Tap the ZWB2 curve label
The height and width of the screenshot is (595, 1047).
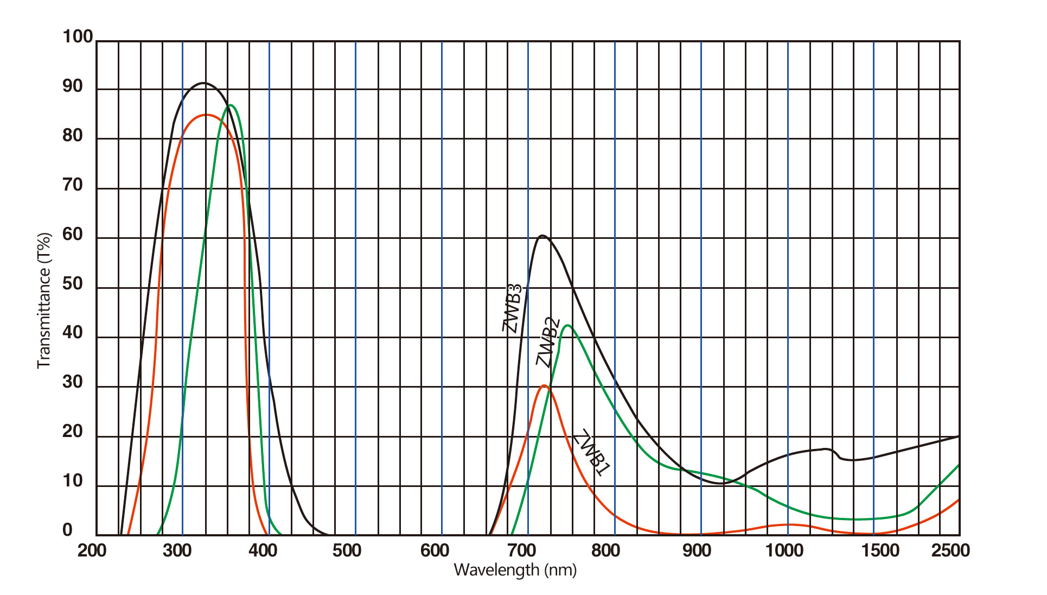click(x=548, y=342)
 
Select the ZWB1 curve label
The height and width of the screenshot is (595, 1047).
click(x=592, y=452)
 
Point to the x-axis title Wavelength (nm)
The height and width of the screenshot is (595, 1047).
click(x=515, y=569)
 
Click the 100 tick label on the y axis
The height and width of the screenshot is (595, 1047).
click(x=78, y=37)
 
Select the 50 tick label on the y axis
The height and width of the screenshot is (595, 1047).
click(x=73, y=284)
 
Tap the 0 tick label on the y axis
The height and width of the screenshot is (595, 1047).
click(x=67, y=530)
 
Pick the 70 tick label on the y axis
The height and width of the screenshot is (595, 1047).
click(x=73, y=185)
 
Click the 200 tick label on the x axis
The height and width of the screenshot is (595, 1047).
click(x=92, y=550)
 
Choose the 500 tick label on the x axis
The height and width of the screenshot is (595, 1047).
click(x=347, y=550)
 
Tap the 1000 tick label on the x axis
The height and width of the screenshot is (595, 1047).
click(x=784, y=550)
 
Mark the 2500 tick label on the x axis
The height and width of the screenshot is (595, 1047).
click(x=950, y=550)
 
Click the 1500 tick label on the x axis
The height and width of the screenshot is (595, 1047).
click(x=880, y=550)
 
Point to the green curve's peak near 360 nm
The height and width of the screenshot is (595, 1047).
click(x=231, y=105)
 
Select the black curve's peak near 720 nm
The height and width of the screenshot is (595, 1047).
click(x=541, y=236)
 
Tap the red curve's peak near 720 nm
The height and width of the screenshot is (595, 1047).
click(x=544, y=385)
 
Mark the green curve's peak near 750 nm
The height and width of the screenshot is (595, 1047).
click(x=567, y=325)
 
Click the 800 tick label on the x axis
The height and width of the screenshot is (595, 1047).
click(x=605, y=550)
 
